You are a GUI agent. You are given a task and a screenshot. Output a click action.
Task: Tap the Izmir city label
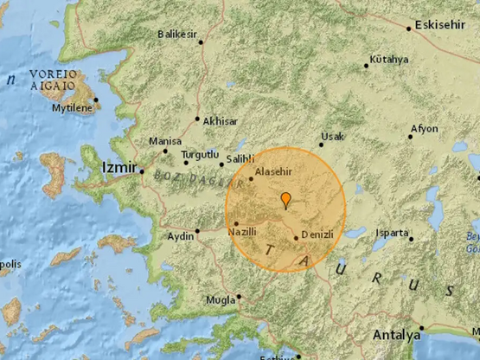118,164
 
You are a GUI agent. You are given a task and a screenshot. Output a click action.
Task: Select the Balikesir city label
178,35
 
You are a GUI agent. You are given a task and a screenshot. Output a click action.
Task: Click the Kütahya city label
388,59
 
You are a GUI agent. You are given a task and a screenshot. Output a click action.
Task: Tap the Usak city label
332,137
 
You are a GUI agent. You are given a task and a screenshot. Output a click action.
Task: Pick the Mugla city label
221,302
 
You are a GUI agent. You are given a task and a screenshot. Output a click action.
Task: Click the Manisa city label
164,141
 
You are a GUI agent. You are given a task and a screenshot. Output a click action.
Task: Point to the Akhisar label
219,120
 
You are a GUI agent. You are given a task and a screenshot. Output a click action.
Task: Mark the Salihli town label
240,159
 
